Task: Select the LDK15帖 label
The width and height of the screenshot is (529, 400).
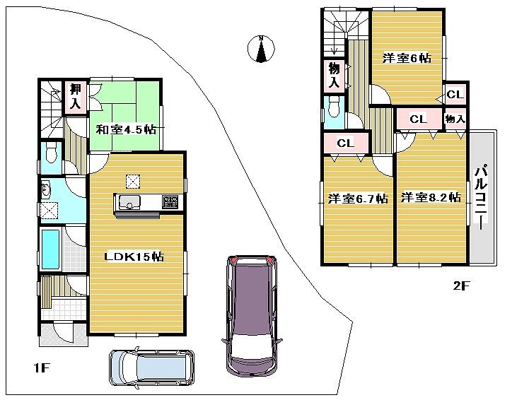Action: click(134, 257)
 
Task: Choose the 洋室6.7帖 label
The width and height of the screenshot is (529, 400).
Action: click(358, 199)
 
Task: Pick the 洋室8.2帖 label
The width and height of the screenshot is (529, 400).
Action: click(431, 198)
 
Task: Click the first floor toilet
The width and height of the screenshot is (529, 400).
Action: click(50, 153)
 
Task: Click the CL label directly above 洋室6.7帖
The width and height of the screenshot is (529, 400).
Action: click(345, 143)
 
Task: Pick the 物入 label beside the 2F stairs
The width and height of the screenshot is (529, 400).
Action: click(334, 75)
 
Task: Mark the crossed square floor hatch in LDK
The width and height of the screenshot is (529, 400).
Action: click(133, 180)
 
